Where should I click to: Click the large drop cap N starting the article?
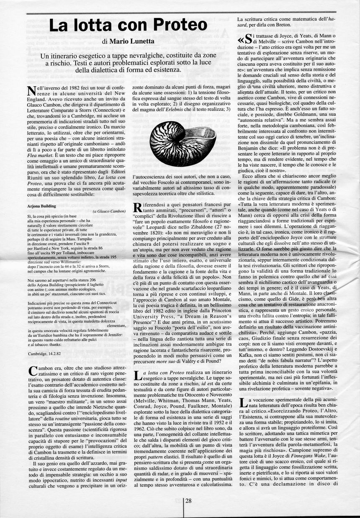tap(30, 91)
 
